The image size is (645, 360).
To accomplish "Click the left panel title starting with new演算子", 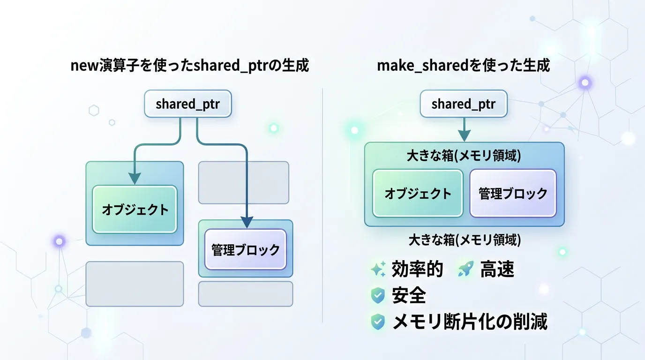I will point(189,65).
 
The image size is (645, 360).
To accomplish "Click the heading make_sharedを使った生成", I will point(463,65).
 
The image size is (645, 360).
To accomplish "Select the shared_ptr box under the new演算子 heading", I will point(187,104).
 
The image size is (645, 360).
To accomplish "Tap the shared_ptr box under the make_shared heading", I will point(463,104).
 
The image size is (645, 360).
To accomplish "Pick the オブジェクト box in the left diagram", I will point(135,209).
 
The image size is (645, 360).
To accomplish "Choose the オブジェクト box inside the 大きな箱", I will point(418,193).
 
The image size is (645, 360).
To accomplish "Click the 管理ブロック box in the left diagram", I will point(245,249).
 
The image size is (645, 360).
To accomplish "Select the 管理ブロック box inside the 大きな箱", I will point(513,193).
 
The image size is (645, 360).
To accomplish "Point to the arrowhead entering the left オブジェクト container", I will point(135,178).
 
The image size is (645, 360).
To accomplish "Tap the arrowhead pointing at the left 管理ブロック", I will point(247,222).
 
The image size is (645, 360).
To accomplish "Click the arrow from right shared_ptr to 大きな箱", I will point(464,129).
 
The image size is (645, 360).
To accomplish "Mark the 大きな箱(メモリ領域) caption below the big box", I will point(465,240).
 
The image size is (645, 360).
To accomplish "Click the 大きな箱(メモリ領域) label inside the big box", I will point(465,156).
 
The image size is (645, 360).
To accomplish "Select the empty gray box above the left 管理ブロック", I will point(243,183).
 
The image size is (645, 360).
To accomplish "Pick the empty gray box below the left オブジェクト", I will point(135,284).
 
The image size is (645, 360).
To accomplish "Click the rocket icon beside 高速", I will point(465,269).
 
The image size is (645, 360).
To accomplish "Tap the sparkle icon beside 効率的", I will point(378,269).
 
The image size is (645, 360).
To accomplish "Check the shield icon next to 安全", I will point(378,295).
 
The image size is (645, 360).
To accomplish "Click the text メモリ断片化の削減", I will point(469,322).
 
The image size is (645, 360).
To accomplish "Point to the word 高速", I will point(497,269).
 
